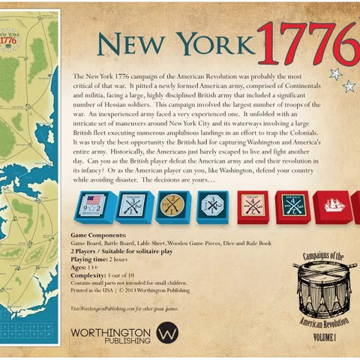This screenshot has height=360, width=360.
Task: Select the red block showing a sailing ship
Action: pyautogui.click(x=332, y=205)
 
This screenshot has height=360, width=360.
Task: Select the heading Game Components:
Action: pyautogui.click(x=97, y=235)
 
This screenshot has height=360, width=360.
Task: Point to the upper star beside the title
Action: pyautogui.click(x=335, y=73)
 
